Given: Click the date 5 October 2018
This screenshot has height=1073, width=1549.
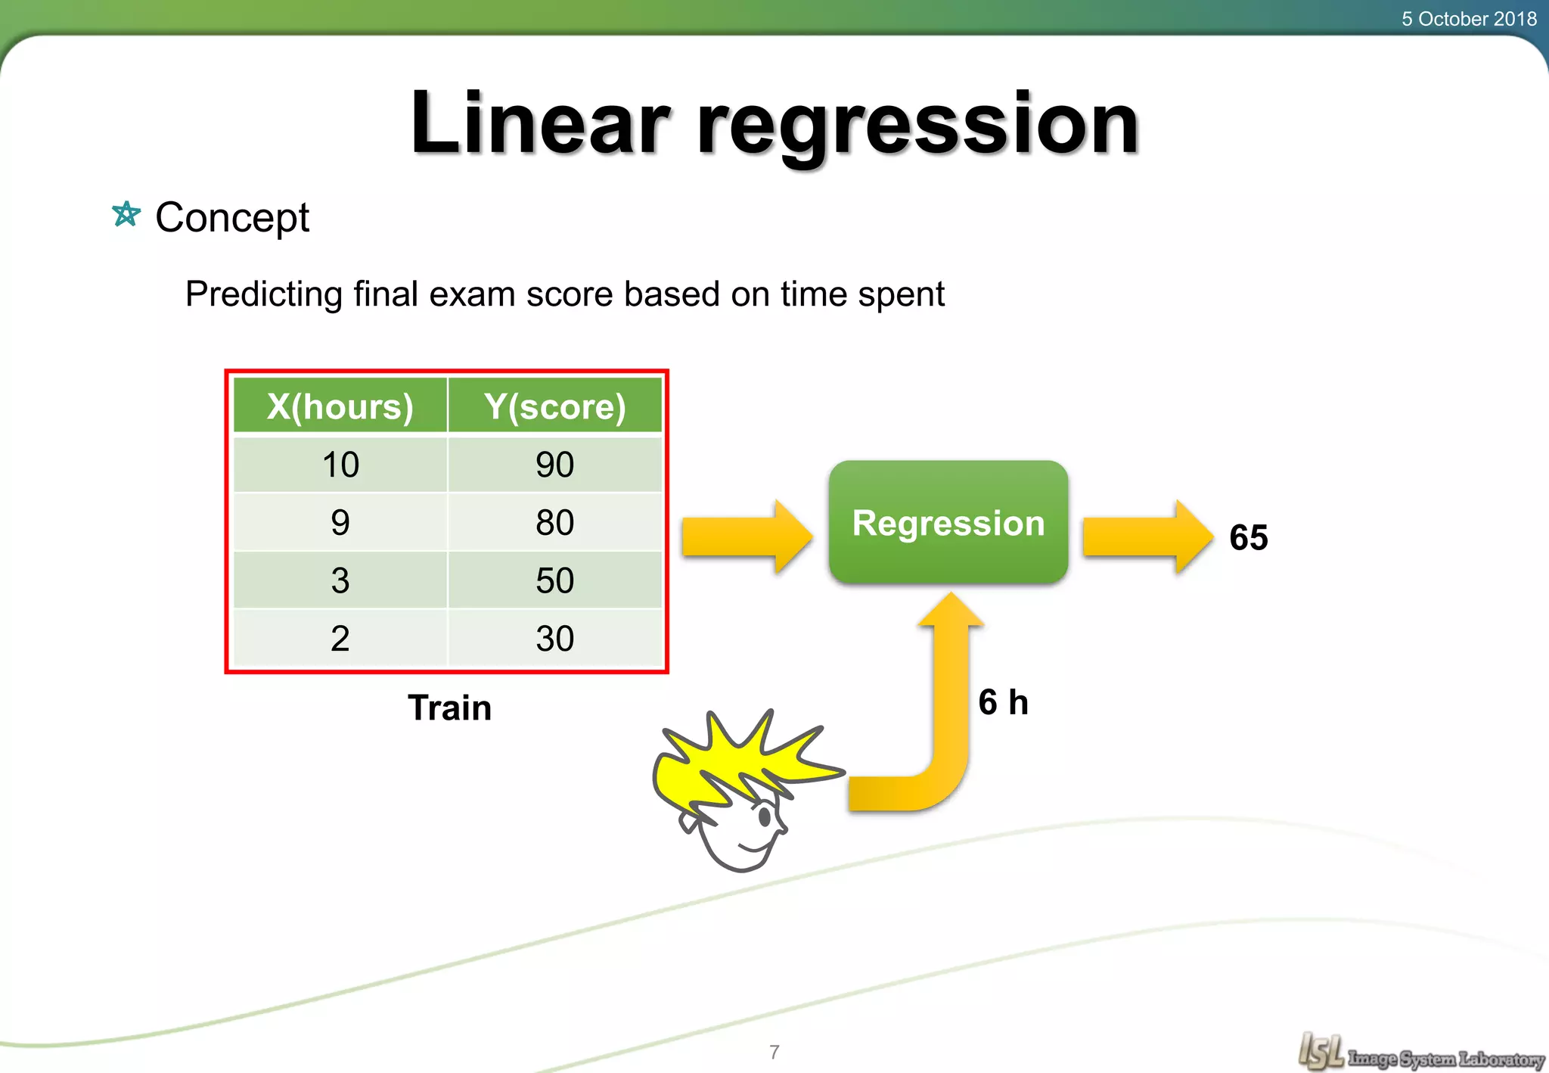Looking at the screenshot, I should coord(1468,19).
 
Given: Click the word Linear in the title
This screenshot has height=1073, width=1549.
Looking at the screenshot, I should coord(539,123).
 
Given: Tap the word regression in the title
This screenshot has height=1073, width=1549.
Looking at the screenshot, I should coord(917,125).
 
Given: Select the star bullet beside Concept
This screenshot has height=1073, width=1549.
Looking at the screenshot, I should coord(126,215).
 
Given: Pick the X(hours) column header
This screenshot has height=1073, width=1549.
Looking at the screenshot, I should coord(340,406).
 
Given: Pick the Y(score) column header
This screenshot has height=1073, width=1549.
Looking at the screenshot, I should coord(555,406).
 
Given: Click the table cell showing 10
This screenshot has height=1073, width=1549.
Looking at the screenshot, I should coord(340,465).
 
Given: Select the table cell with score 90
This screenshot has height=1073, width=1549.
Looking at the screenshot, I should coord(555,465).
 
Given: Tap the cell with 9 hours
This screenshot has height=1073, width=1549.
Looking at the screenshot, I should coord(340,523).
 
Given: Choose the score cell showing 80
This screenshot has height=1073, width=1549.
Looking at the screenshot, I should coord(555,523).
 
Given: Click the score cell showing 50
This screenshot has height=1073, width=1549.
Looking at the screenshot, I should coord(555,580).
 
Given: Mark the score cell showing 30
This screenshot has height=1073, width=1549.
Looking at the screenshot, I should coord(555,639).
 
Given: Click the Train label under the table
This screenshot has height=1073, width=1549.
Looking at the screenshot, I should coord(449,708).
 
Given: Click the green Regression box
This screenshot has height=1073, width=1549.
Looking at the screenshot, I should coord(948,522).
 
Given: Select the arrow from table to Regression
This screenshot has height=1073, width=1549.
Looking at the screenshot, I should coord(746,536).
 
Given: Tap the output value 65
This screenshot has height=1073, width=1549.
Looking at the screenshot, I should coord(1248,538).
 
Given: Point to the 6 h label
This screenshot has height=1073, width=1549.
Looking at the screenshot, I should coord(1003,702).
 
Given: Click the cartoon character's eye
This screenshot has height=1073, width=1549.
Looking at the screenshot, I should coord(764,816).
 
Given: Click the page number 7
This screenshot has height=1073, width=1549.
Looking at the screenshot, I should coord(774,1052).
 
